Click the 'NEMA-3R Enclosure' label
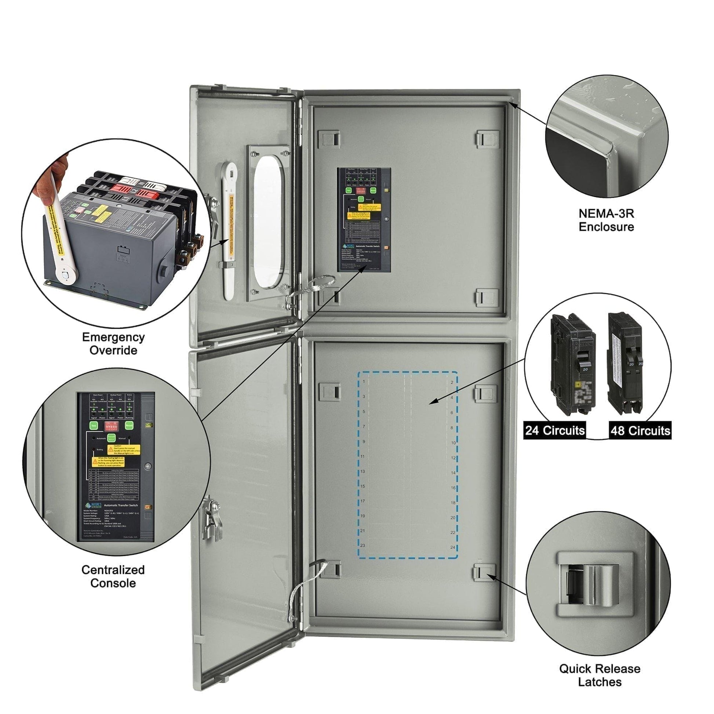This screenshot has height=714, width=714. [606, 220]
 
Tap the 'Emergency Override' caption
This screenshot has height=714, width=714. [113, 343]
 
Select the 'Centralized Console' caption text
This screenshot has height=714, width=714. [113, 576]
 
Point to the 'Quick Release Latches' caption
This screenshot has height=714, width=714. [600, 675]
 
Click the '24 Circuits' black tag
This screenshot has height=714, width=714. [555, 430]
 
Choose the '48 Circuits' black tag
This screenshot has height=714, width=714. [640, 430]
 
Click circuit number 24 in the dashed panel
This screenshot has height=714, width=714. [453, 547]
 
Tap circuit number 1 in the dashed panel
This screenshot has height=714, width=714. [364, 381]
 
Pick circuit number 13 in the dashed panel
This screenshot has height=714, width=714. [363, 471]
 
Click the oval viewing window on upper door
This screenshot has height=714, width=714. [269, 222]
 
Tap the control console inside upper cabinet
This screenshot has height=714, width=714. [364, 219]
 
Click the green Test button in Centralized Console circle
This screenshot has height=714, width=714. [94, 426]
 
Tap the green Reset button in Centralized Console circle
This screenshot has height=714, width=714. [129, 426]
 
